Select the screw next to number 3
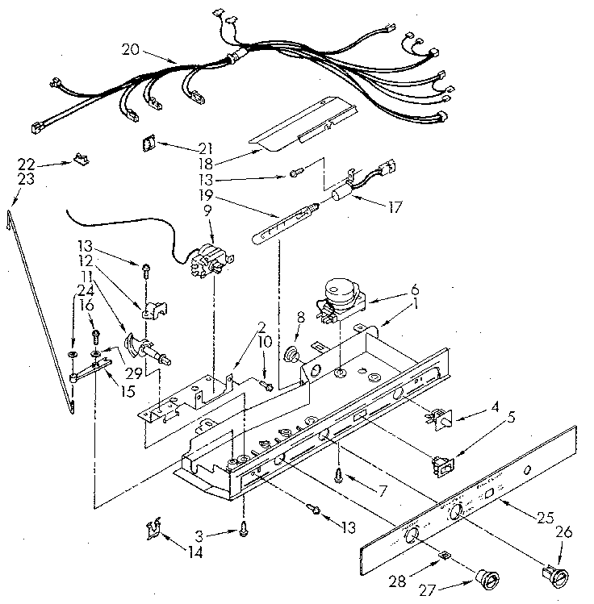(241, 529)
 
